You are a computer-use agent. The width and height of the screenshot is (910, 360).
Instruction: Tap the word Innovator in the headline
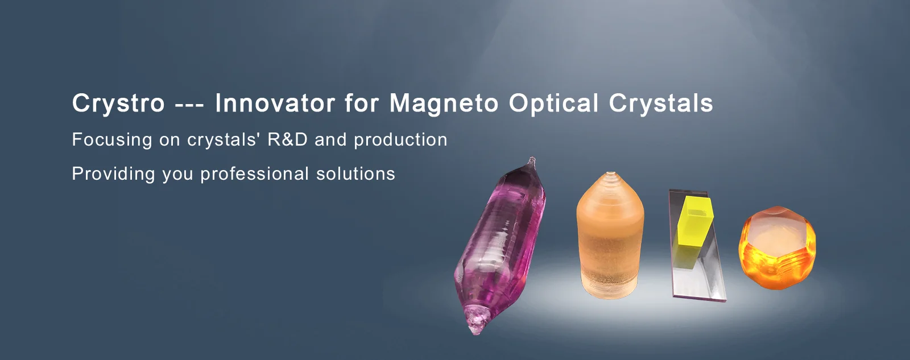[x=275, y=103]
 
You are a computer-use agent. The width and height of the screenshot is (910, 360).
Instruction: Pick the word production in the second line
[x=400, y=140]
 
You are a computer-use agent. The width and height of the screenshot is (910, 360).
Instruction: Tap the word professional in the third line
[x=255, y=175]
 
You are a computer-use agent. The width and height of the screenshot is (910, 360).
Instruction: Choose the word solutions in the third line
[x=355, y=174]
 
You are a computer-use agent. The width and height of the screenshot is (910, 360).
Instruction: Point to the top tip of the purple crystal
[x=531, y=158]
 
